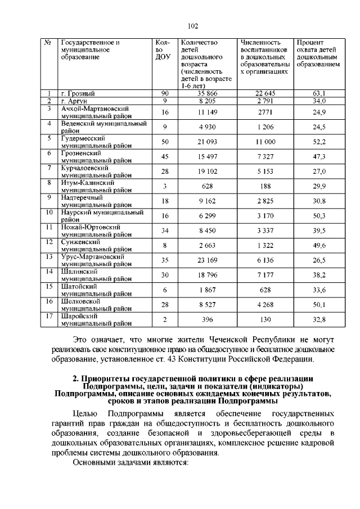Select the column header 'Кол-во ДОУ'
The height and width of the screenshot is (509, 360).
point(162,49)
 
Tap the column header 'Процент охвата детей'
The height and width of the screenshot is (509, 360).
point(318,53)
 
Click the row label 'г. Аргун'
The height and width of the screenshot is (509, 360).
point(74,101)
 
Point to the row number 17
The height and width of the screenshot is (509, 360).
point(49,317)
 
